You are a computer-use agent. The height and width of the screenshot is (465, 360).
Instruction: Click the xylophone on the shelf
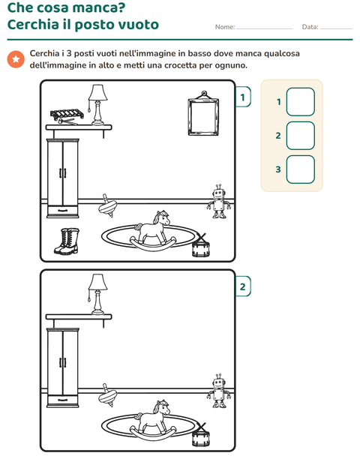point(67,116)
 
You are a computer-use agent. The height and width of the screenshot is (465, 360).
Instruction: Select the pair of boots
point(67,241)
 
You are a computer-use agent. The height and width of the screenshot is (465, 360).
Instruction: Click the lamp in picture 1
point(97,104)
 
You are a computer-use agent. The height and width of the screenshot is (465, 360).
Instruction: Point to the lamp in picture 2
point(97,294)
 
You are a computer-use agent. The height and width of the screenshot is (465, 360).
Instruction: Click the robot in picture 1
point(219,201)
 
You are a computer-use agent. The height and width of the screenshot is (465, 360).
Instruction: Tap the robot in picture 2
point(219,391)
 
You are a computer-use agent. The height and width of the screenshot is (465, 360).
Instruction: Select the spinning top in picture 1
point(107,206)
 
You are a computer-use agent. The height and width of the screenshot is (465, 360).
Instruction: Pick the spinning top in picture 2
point(107,395)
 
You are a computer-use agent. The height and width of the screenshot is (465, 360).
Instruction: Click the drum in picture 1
point(200,246)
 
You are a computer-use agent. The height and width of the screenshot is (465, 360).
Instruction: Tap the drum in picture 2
point(200,436)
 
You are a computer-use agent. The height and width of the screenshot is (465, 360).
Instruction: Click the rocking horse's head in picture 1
point(162,218)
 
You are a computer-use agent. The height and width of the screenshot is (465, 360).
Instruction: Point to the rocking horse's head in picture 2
point(162,407)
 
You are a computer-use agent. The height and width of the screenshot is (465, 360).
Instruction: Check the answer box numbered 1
point(301,102)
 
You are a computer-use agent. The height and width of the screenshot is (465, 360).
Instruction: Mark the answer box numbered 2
point(301,136)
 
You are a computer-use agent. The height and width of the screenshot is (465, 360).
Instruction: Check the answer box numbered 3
point(301,169)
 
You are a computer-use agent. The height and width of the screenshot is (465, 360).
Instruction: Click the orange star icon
point(16,59)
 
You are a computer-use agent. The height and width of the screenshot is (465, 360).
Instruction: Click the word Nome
point(225,27)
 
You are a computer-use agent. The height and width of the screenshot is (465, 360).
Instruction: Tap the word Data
point(310,27)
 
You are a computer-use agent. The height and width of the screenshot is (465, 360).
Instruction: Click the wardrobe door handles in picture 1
point(62,173)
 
